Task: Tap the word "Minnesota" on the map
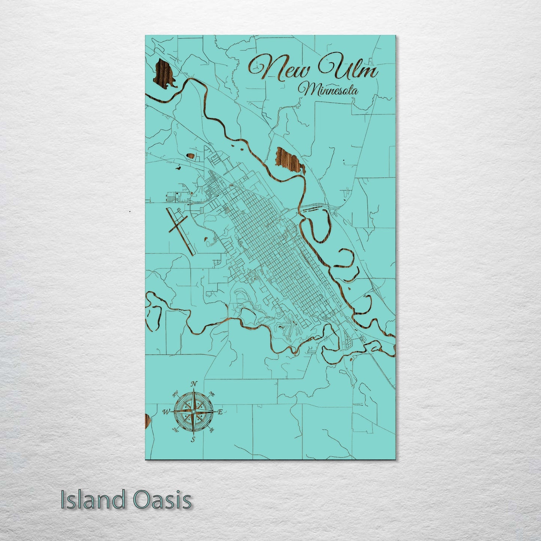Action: [x=328, y=90]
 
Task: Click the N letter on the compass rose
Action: [x=194, y=384]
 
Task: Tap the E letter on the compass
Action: [x=221, y=412]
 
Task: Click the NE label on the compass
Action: [x=212, y=394]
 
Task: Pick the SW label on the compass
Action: [x=175, y=430]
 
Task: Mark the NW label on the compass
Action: [x=175, y=394]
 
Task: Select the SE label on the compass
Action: [x=212, y=430]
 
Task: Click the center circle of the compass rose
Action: [x=193, y=412]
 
